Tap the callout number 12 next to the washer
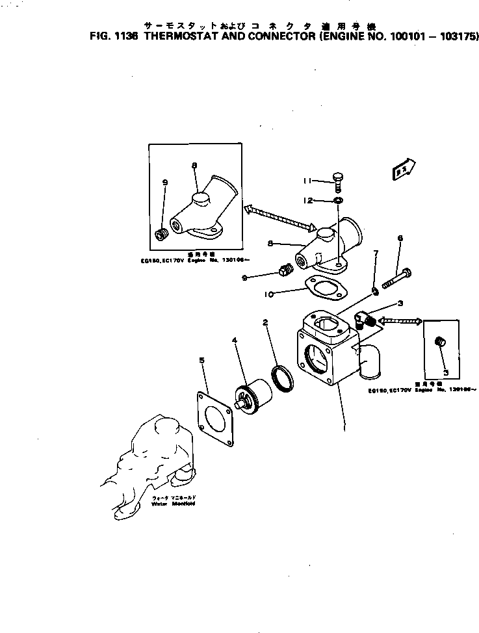pyautogui.click(x=308, y=200)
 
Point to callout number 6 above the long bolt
pyautogui.click(x=400, y=239)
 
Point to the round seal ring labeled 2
pyautogui.click(x=284, y=378)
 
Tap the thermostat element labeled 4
pyautogui.click(x=249, y=397)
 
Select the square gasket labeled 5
pyautogui.click(x=214, y=419)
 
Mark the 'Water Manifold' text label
pyautogui.click(x=174, y=504)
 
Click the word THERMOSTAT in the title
pyautogui.click(x=185, y=37)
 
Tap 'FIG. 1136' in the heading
pyautogui.click(x=113, y=37)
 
